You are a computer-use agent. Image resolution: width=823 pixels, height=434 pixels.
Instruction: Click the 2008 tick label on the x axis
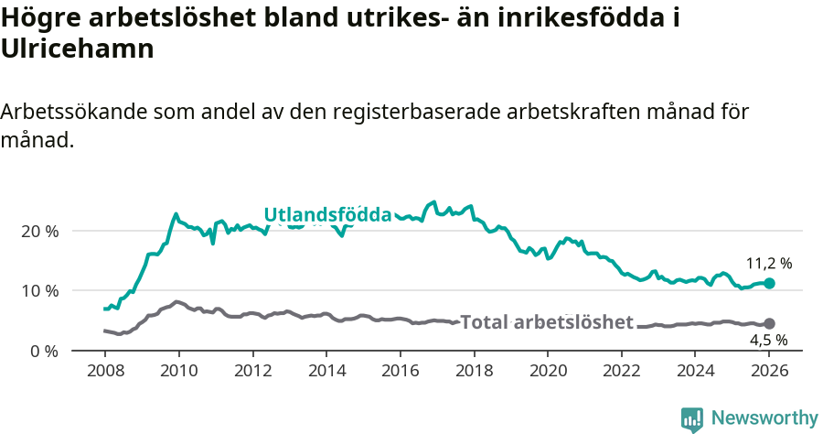tap(104, 372)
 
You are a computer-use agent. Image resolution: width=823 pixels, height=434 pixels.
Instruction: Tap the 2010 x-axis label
tap(178, 372)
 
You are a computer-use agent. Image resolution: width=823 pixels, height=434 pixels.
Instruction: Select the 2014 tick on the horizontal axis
tap(326, 372)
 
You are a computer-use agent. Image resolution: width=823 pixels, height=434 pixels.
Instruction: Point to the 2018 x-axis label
tap(474, 372)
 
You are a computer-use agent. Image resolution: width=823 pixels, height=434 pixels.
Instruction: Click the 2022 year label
tap(621, 372)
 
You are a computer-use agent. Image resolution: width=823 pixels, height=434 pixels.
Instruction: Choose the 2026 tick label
tap(769, 372)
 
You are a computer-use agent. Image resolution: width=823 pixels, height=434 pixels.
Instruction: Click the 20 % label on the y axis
tap(40, 231)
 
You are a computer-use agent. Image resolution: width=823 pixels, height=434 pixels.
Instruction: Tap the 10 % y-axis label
tap(40, 291)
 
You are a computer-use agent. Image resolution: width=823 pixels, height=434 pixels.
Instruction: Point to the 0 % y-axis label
tap(44, 351)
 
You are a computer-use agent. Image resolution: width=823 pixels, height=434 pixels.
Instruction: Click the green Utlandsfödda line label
tap(327, 215)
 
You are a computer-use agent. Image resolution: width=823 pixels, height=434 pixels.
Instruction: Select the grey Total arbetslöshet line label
tap(546, 322)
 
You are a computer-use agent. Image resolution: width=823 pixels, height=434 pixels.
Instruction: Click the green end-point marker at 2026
tap(769, 284)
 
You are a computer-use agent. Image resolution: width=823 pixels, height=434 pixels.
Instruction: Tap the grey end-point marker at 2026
tap(769, 324)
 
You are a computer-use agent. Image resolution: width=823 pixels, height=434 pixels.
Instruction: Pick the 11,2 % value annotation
tap(768, 264)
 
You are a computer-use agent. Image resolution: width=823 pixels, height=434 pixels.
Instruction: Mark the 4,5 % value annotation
tap(768, 341)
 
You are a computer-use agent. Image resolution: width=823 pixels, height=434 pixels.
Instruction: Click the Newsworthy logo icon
tap(692, 418)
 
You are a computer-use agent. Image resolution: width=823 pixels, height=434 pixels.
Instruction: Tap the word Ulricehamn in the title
tap(77, 49)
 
